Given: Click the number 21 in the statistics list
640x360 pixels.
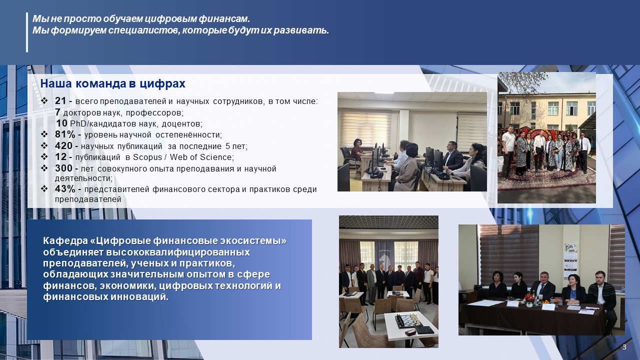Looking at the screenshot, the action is pos(60,100).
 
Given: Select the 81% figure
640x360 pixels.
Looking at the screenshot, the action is pos(65,134).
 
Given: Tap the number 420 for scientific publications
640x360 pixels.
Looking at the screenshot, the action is pos(63,145).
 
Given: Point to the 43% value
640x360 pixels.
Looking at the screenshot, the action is pos(65,189).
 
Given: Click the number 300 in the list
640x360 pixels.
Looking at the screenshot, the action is pos(63,168).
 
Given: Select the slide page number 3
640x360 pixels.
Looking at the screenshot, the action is pos(624,347).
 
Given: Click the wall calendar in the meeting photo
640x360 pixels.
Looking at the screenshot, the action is pos(570,260).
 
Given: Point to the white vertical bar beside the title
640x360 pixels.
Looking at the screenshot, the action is pos(27,32).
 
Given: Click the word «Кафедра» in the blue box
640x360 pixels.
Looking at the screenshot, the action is pos(65,241).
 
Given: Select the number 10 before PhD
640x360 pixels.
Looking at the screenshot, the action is pos(61,123).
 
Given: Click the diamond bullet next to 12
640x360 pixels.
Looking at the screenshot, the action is pos(44,157).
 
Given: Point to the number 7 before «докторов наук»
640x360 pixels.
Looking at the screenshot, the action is pos(57,112).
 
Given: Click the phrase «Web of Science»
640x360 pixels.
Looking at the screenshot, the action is pos(201,157).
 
